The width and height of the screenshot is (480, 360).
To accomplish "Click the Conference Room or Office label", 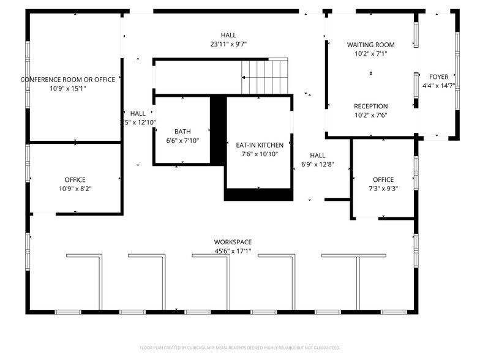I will [67, 80].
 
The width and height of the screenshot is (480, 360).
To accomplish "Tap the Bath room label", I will [182, 132].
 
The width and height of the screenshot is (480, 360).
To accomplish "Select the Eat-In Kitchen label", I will [260, 145].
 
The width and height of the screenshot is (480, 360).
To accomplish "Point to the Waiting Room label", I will [370, 45].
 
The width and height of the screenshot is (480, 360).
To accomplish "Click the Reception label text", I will [370, 106].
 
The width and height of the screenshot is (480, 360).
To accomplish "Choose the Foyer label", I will [438, 77].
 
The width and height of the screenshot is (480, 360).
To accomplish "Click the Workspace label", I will [233, 242].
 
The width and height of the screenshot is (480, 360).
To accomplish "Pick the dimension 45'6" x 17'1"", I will [233, 251].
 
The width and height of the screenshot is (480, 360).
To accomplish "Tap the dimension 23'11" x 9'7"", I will [228, 44].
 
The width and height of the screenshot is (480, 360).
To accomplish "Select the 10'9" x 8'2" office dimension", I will [75, 189].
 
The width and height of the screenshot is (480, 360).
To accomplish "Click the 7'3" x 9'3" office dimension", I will [383, 189].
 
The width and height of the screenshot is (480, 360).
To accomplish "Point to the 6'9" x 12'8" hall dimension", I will [317, 164].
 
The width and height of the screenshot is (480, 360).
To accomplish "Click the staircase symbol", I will [264, 77].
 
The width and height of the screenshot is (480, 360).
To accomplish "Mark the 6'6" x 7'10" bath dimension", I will [182, 140].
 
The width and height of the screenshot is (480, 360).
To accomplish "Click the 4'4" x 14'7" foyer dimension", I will [438, 86].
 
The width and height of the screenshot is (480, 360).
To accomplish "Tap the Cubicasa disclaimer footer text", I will [240, 347].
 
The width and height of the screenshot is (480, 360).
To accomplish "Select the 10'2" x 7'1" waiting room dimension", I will [370, 54].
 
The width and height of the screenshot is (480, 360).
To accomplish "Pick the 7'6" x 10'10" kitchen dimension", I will [260, 154].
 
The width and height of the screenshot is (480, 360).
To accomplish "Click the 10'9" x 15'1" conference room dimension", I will [67, 88].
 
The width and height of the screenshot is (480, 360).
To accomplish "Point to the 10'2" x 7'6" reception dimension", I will [370, 115].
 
